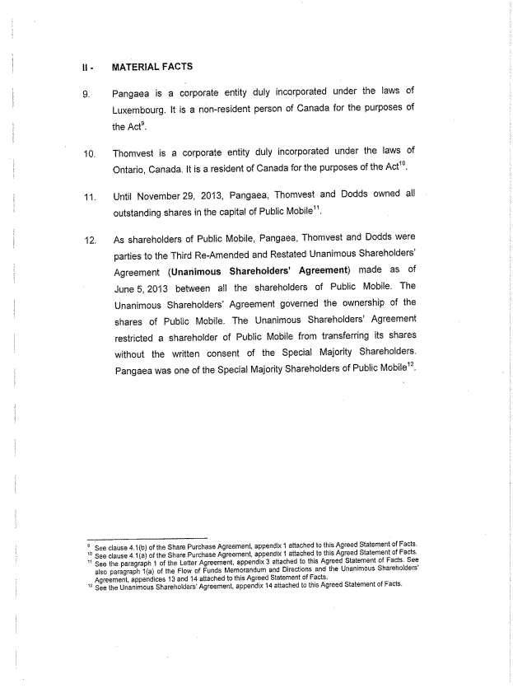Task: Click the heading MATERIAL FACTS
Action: tap(152, 66)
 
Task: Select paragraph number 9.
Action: tap(86, 92)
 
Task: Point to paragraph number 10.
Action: tap(88, 152)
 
